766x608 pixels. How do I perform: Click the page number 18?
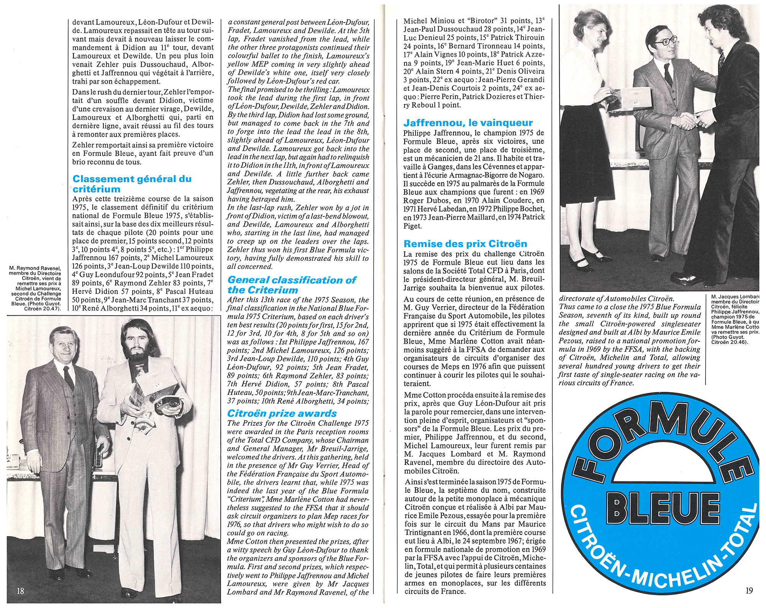[21, 590]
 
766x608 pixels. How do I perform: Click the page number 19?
[749, 590]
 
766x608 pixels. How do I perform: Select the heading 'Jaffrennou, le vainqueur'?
[468, 123]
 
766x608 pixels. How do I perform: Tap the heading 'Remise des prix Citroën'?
[465, 244]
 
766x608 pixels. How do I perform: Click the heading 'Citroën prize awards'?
[282, 413]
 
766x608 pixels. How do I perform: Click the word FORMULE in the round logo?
[659, 436]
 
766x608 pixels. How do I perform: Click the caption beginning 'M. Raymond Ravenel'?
[36, 289]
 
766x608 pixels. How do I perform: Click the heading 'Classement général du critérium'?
[132, 184]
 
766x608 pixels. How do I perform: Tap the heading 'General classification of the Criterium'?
[292, 285]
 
